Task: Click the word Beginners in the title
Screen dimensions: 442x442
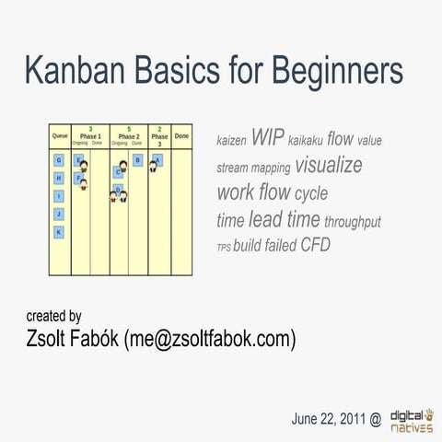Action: pos(326,71)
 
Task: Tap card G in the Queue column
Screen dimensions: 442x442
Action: pos(59,160)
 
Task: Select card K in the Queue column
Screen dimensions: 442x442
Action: pos(59,232)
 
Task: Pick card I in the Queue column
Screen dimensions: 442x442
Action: pos(59,196)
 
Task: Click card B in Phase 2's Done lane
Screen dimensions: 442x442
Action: pos(137,160)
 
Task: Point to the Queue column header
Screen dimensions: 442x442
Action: pos(59,136)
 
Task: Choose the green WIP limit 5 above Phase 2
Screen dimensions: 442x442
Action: pos(129,129)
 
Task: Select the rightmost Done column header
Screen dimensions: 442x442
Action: pos(181,136)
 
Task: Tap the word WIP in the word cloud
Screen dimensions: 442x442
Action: pos(266,139)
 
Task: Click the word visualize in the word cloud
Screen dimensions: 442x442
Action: pos(328,167)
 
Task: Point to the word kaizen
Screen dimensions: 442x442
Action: pos(231,142)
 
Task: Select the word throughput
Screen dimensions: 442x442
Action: pos(353,223)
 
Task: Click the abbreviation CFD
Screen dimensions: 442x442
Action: pos(316,246)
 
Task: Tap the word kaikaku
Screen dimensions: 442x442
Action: pos(305,142)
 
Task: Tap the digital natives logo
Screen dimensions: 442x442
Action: pos(412,420)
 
